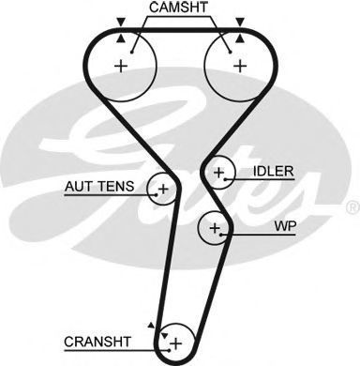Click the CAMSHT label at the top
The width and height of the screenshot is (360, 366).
click(x=178, y=8)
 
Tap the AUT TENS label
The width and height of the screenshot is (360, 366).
click(x=99, y=187)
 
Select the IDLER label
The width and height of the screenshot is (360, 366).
click(x=274, y=171)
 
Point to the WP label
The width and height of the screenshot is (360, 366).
click(x=285, y=226)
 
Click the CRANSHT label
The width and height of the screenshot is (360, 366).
click(x=97, y=342)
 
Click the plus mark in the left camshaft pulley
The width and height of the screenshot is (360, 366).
click(x=121, y=66)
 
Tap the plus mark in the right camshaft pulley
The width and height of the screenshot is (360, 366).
click(x=240, y=66)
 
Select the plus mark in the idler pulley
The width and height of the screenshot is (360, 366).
click(x=219, y=173)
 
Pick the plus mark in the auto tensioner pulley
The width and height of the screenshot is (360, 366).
click(x=163, y=189)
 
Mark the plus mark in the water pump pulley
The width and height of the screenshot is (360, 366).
click(x=215, y=228)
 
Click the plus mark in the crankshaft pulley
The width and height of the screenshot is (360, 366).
click(x=176, y=343)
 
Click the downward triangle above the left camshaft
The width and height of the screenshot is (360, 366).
click(x=121, y=22)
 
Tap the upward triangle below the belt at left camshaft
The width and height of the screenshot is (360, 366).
click(x=121, y=38)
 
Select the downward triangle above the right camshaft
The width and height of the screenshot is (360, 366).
click(x=240, y=22)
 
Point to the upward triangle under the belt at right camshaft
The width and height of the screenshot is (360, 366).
click(x=240, y=38)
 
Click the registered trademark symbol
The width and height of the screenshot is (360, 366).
click(x=353, y=207)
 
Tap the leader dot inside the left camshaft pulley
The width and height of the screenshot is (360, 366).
click(x=132, y=53)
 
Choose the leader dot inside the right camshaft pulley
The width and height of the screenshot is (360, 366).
click(x=231, y=53)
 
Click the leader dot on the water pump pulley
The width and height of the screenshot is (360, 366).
click(x=221, y=235)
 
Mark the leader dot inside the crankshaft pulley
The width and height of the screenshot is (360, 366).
click(x=169, y=350)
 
